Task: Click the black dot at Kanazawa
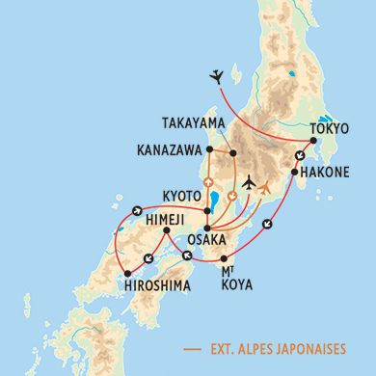pos(210,151)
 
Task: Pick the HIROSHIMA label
pos(160,286)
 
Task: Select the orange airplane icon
pos(266,186)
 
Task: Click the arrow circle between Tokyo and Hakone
pos(301,157)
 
